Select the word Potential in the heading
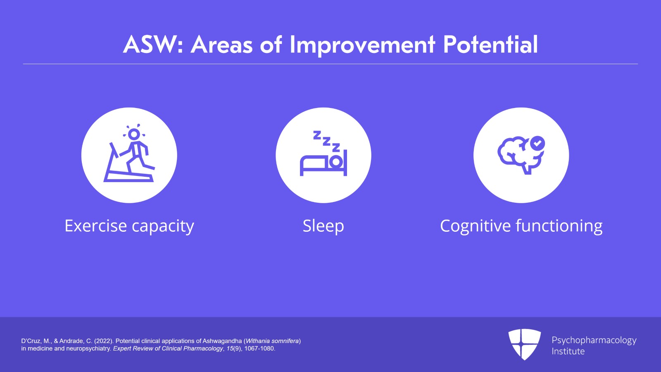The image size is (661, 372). [490, 44]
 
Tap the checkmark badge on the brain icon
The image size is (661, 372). [537, 144]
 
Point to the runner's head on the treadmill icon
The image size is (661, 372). [134, 134]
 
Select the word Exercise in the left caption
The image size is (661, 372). [95, 226]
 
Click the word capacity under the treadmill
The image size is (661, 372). [163, 227]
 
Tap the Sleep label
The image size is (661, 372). [323, 227]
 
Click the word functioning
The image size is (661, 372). [559, 227]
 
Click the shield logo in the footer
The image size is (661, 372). [525, 344]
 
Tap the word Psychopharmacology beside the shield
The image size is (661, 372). [594, 341]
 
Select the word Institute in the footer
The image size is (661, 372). [568, 351]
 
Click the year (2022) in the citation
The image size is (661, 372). [104, 341]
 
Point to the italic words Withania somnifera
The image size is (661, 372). [272, 341]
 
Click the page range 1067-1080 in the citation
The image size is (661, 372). [259, 348]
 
